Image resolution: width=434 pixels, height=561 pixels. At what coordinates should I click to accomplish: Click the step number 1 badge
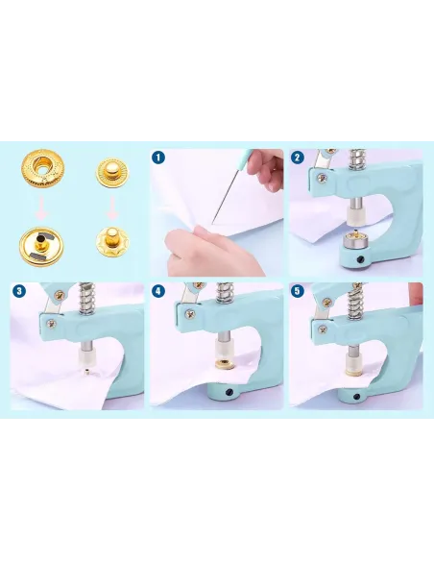tap(158, 158)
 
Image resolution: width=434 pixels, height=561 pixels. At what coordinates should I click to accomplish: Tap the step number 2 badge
tap(298, 158)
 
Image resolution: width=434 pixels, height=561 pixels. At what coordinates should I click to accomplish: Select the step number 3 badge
tap(19, 291)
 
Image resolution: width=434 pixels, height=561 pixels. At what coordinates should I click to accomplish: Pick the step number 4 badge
tap(158, 291)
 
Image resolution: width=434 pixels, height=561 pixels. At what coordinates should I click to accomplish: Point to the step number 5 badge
tap(298, 291)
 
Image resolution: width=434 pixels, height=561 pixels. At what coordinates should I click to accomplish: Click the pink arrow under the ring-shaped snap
tap(42, 207)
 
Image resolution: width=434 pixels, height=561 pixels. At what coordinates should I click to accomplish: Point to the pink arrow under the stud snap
tap(112, 207)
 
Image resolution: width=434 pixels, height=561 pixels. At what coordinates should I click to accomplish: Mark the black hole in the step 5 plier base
tap(356, 397)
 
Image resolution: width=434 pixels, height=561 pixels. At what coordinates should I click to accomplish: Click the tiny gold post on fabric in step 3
tap(86, 373)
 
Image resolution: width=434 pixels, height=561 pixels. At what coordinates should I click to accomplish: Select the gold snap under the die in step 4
tap(225, 365)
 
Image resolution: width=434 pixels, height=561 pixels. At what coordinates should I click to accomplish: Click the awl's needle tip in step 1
tap(212, 223)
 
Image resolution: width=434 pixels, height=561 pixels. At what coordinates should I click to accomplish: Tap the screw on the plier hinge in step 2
tap(323, 178)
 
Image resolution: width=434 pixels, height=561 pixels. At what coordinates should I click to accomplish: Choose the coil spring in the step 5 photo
tap(354, 303)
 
